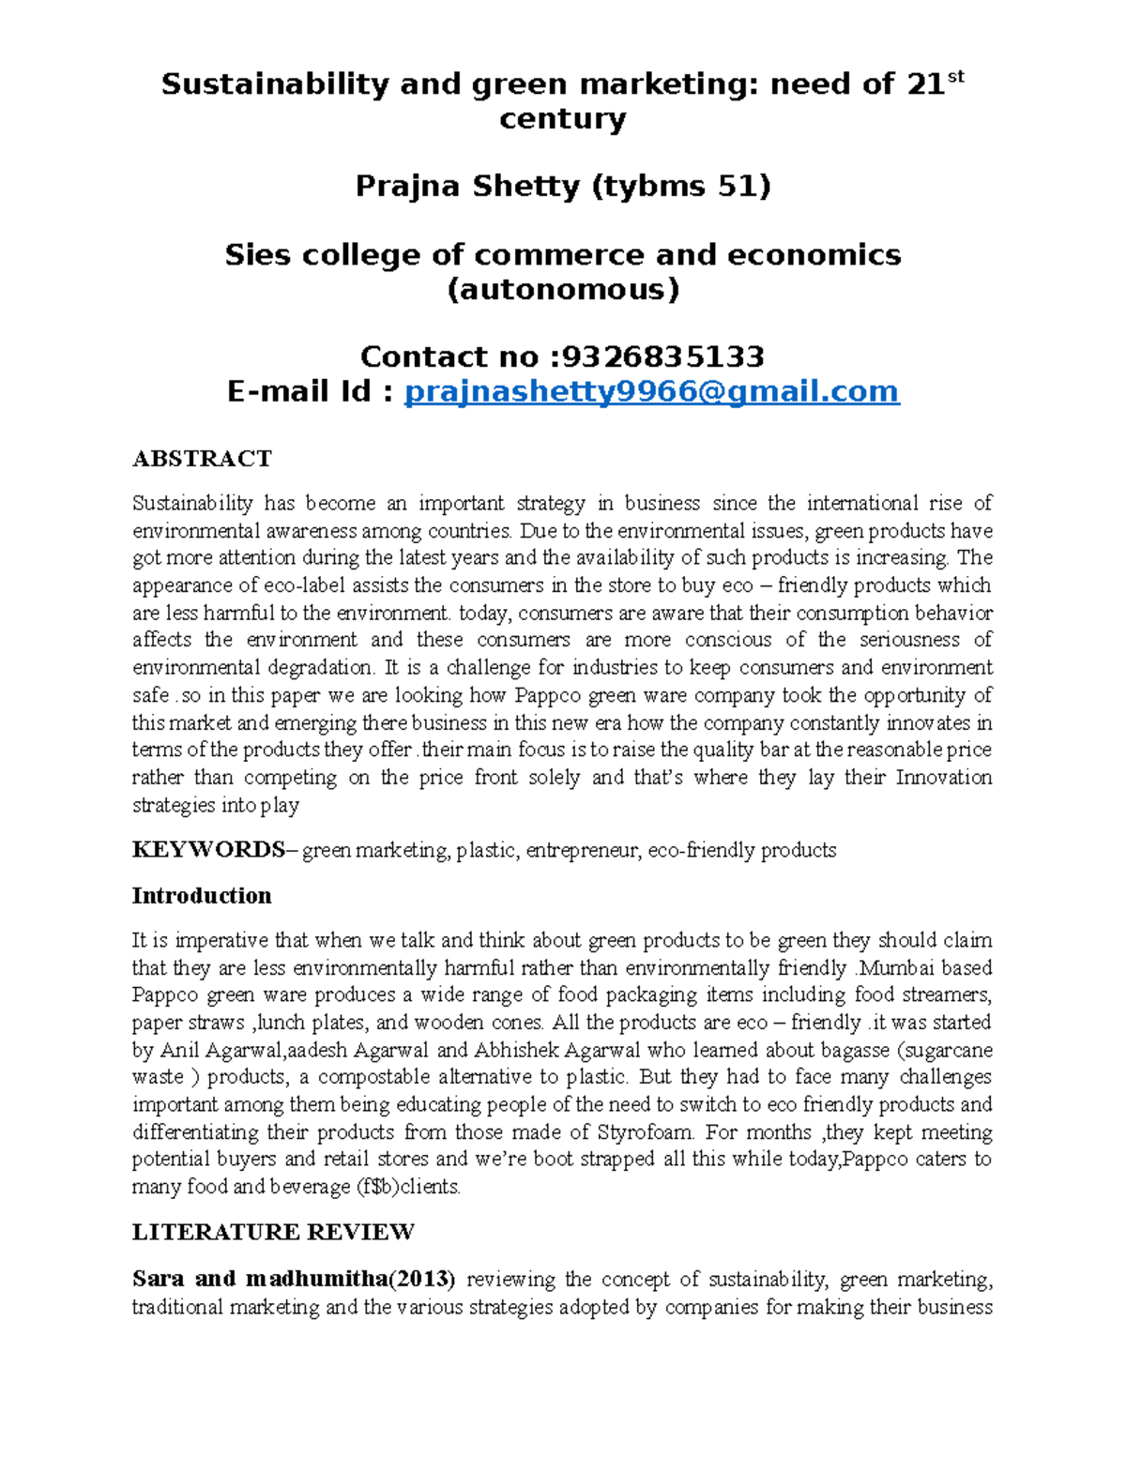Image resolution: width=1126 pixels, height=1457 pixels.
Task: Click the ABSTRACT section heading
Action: coord(202,459)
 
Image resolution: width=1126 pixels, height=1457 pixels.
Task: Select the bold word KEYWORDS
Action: coord(208,850)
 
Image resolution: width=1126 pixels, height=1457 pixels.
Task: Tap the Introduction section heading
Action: coord(202,896)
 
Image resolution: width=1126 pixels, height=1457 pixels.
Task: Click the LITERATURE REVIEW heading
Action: coord(273,1232)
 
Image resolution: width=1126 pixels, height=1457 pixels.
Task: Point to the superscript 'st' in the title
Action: coord(956,78)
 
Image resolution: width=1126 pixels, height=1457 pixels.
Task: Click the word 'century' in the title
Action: coord(562,119)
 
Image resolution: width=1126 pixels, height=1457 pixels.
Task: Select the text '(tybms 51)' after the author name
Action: coord(680,187)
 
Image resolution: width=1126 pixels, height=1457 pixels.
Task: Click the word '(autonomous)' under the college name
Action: coord(562,290)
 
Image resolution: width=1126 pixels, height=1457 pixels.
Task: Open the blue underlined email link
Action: coord(651,391)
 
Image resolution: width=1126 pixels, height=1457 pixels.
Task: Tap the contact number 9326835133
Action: coord(660,357)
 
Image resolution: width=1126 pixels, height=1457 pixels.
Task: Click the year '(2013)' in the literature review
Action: coord(422,1279)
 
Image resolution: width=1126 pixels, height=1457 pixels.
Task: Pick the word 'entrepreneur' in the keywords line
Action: coord(583,851)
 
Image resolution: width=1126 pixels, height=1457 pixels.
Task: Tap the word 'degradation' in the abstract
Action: coord(319,668)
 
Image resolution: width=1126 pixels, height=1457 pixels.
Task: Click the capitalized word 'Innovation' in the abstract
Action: coord(944,778)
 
